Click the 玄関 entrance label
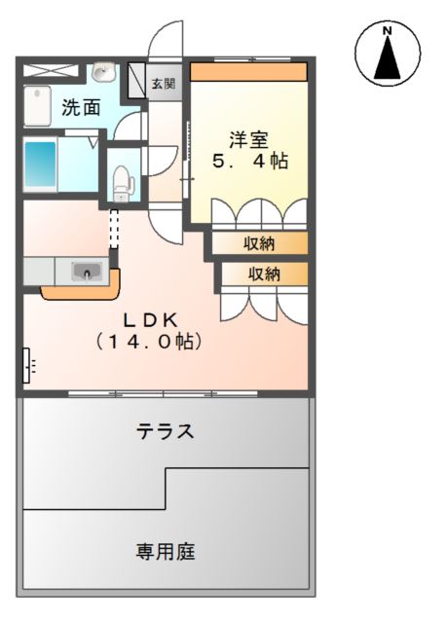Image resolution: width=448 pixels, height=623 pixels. [x=164, y=85]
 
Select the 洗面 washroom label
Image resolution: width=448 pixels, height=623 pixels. [x=81, y=108]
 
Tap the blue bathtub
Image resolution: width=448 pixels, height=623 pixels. [x=40, y=165]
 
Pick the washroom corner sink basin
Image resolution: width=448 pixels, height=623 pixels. [x=103, y=73]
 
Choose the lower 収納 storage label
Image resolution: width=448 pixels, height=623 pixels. [x=265, y=275]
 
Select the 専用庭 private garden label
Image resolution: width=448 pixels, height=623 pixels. [x=166, y=553]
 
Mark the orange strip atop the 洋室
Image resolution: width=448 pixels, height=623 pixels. [x=248, y=71]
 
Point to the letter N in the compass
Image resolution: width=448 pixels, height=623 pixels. [x=387, y=32]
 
